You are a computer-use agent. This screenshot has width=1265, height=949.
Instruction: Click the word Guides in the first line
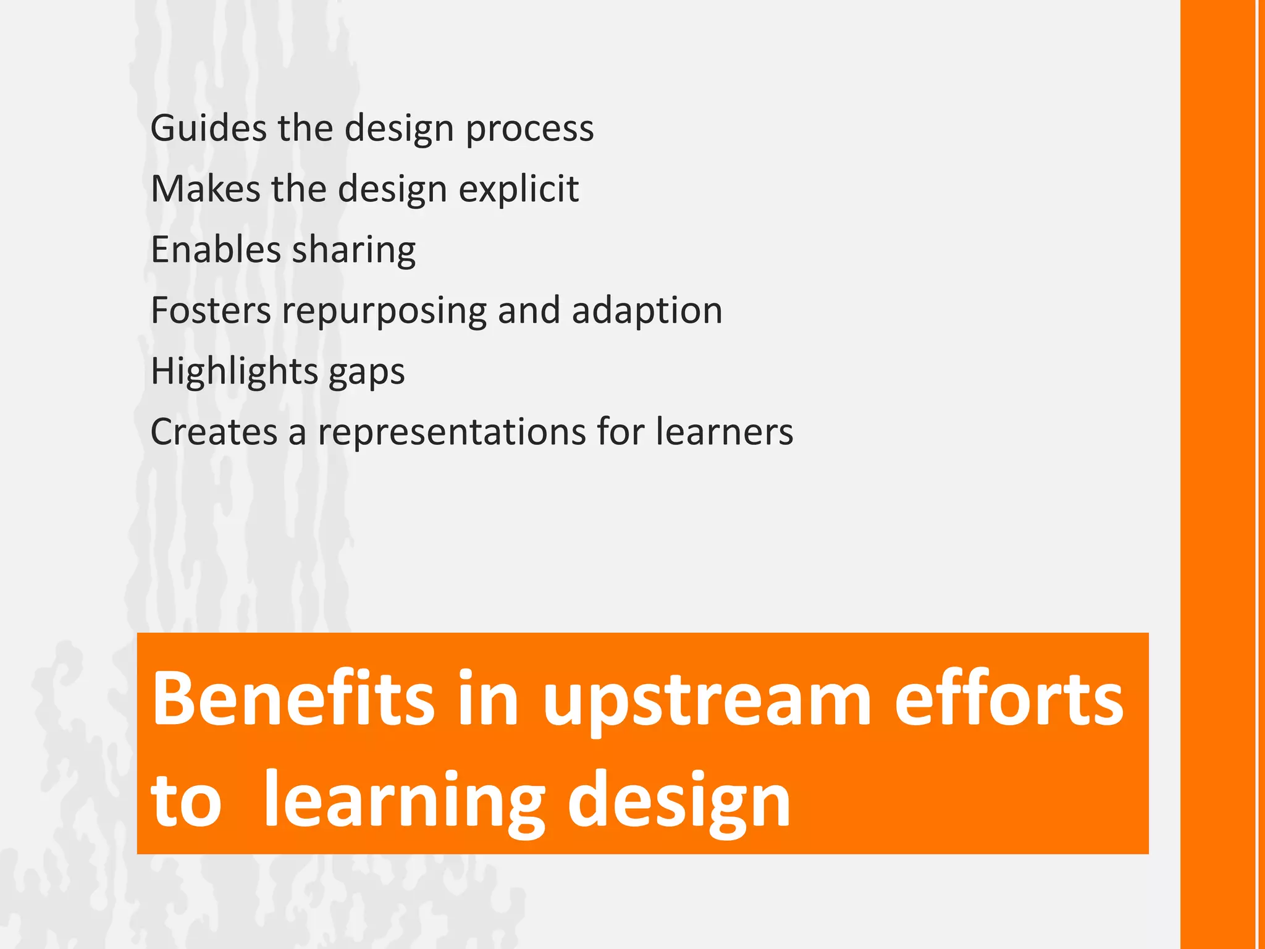point(208,129)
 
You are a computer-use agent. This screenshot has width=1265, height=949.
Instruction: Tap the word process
point(529,129)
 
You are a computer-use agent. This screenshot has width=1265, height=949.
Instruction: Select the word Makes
point(205,188)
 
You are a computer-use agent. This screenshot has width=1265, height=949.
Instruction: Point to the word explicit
point(518,188)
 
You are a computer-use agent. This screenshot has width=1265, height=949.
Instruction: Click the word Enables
point(216,250)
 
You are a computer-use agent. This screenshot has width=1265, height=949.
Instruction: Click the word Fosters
point(211,310)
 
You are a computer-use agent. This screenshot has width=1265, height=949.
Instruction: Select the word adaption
point(647,310)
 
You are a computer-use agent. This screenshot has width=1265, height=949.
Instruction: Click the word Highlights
point(234,371)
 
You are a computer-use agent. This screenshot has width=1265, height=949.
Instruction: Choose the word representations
point(452,431)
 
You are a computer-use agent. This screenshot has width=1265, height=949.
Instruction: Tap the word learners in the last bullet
point(724,431)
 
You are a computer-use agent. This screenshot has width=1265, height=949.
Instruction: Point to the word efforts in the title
point(1009,699)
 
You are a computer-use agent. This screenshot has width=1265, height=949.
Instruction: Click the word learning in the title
point(404,801)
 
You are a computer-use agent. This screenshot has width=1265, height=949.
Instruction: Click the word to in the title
point(186,801)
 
